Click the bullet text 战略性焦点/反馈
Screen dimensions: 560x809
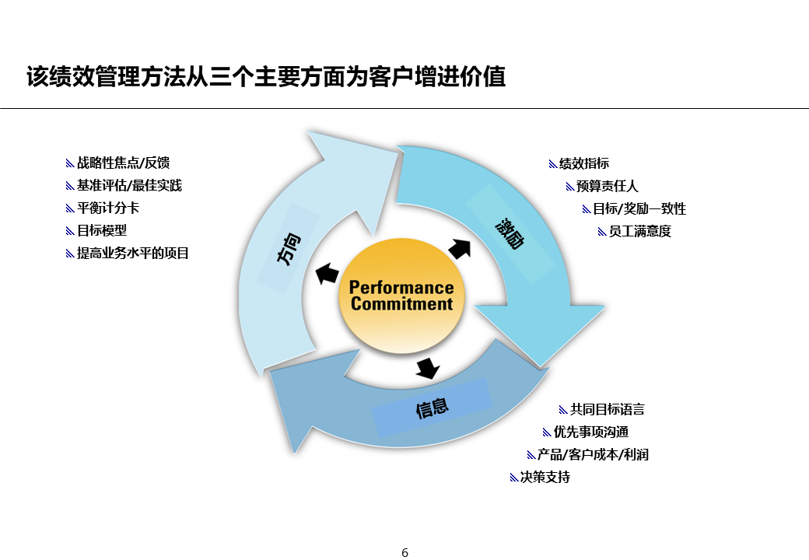point(123,163)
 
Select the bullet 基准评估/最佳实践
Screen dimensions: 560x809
point(129,186)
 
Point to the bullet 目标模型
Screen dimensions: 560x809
point(102,231)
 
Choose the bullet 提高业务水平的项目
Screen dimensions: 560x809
point(133,254)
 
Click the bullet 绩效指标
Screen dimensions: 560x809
point(583,164)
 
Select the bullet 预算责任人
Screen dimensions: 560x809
point(607,187)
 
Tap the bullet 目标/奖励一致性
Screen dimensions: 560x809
point(639,209)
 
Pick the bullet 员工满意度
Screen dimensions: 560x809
point(639,232)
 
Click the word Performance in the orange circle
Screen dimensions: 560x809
point(401,289)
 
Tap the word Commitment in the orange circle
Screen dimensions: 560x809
point(401,304)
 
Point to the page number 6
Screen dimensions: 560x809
point(404,553)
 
